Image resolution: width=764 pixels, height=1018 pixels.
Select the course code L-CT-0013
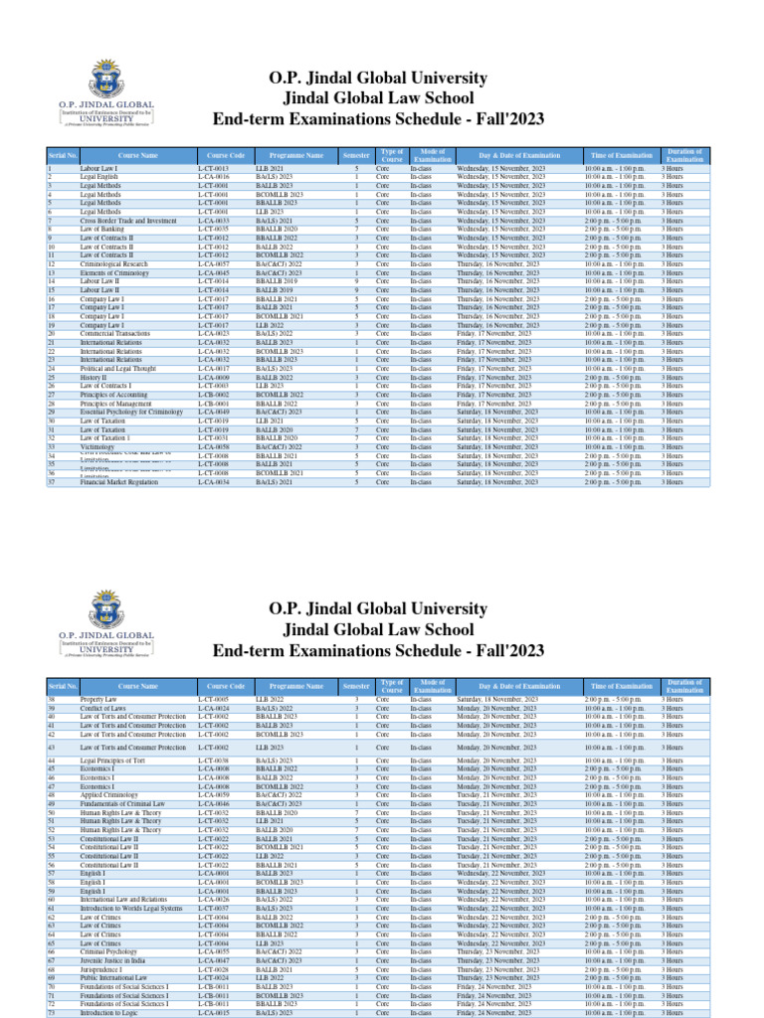(213, 169)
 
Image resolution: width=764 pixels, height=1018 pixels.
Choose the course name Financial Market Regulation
(118, 482)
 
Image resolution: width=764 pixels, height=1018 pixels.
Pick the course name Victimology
(99, 447)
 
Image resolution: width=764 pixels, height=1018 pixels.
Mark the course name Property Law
(98, 700)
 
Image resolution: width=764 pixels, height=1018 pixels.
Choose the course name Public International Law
(113, 978)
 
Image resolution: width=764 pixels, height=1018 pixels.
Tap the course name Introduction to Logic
(111, 1013)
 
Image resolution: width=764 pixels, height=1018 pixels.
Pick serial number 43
(52, 747)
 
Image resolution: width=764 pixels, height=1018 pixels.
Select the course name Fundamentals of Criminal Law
(123, 804)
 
